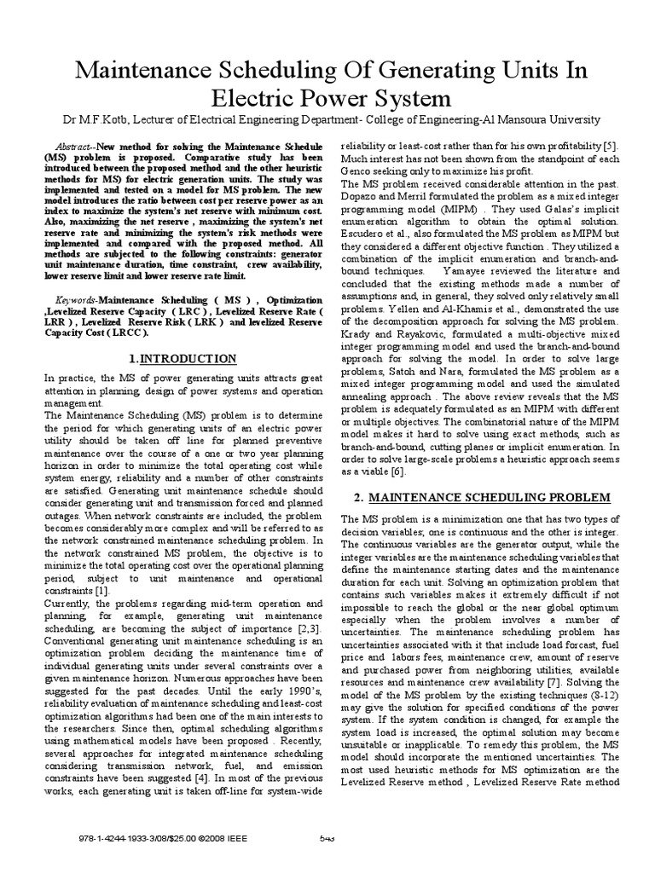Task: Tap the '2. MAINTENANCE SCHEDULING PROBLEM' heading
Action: click(x=467, y=497)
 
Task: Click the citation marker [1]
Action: click(x=101, y=590)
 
